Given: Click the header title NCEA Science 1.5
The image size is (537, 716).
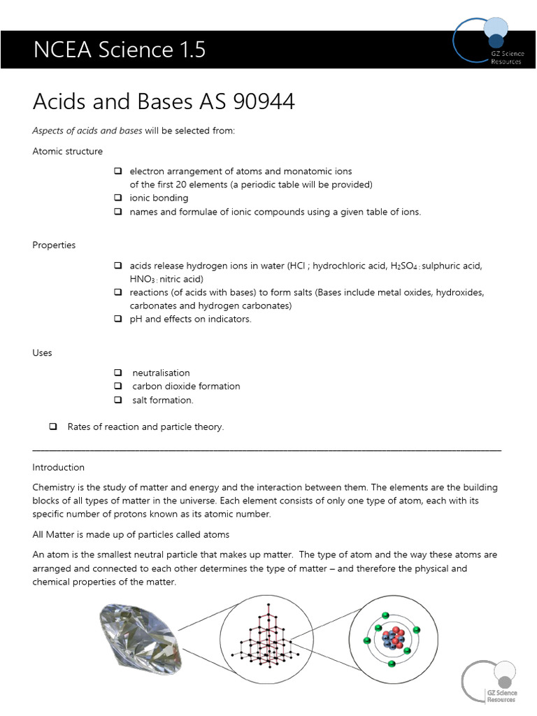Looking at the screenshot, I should [x=120, y=50].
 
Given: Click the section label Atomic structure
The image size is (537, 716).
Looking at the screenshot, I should [x=68, y=151].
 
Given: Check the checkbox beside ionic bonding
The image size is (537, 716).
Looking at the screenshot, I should [x=117, y=198].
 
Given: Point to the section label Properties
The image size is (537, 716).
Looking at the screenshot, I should [x=54, y=245].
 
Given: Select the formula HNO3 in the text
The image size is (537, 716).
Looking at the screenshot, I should [x=143, y=279].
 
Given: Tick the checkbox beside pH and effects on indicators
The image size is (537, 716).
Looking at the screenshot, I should [x=117, y=319].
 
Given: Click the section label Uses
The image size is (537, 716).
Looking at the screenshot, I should [x=43, y=353].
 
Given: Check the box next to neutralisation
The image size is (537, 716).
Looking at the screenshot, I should [x=117, y=373].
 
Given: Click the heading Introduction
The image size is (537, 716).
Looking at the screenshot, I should [x=59, y=467].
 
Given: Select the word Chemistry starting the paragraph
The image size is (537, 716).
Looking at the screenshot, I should [x=56, y=487].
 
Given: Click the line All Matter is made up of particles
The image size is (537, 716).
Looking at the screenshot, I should [x=131, y=535].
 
